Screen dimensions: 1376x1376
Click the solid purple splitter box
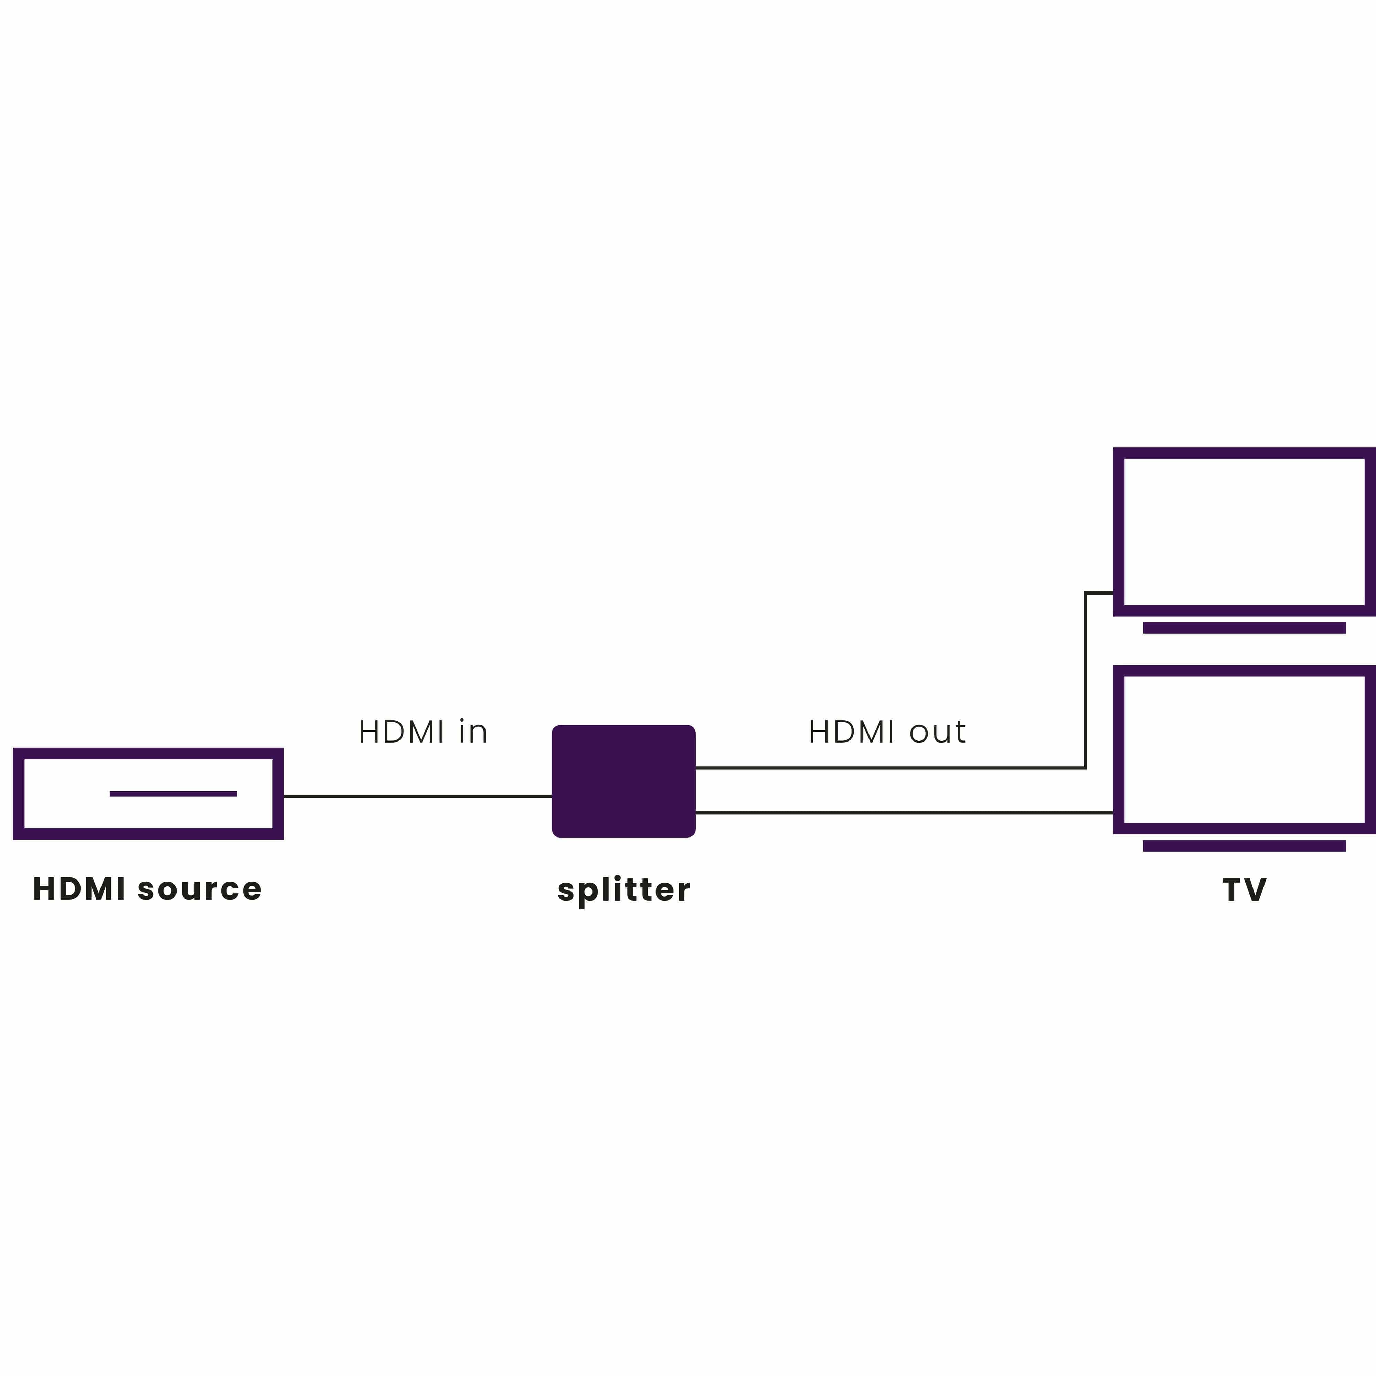click(x=623, y=781)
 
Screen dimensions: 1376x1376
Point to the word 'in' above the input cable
click(x=473, y=732)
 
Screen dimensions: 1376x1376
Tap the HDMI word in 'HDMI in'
click(x=402, y=732)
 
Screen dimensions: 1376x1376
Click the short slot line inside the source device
click(x=173, y=793)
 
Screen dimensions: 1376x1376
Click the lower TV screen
click(x=1244, y=749)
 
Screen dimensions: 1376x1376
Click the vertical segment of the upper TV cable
click(x=1085, y=680)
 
